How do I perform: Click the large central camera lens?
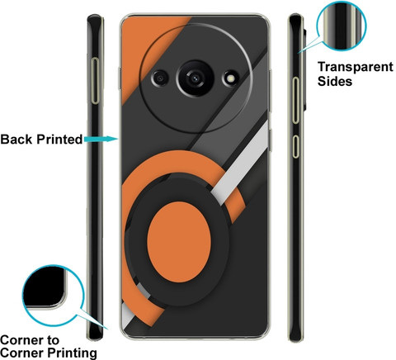point(195,78)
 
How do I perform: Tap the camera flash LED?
point(231,79)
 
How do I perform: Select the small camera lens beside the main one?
point(160,78)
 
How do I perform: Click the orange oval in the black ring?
point(179,242)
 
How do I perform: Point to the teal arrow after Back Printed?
point(101,139)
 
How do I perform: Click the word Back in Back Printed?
point(17,140)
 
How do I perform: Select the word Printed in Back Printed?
point(59,140)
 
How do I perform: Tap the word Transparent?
point(356,67)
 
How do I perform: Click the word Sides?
point(335,81)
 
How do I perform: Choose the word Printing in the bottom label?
point(73,353)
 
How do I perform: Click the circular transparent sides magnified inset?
point(342,26)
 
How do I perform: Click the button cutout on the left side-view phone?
point(95,81)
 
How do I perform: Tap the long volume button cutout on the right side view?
point(295,100)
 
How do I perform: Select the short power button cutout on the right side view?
point(295,146)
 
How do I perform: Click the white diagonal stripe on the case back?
point(240,163)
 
